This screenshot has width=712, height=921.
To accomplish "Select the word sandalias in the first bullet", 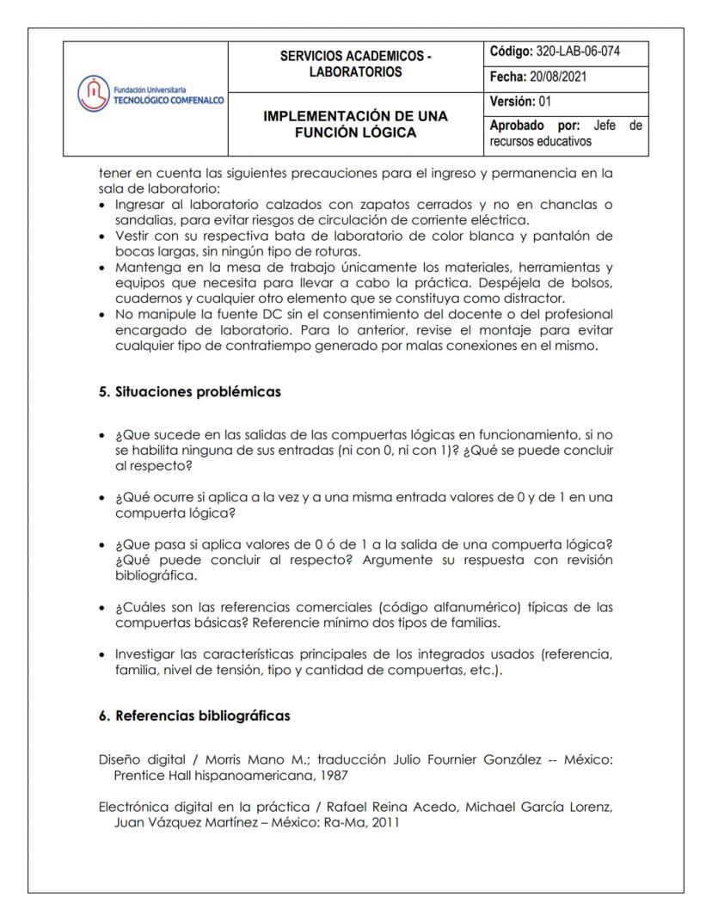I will pyautogui.click(x=143, y=220).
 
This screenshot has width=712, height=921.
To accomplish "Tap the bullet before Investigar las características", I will pyautogui.click(x=104, y=654).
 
